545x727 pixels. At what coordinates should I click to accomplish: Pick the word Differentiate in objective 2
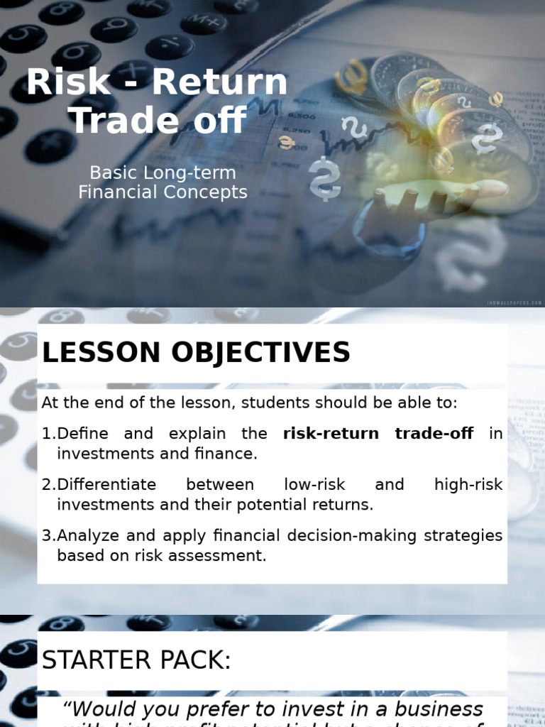coord(106,485)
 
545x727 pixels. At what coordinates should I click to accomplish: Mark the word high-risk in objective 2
coord(468,485)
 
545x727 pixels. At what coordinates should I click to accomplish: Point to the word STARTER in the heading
coord(92,660)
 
